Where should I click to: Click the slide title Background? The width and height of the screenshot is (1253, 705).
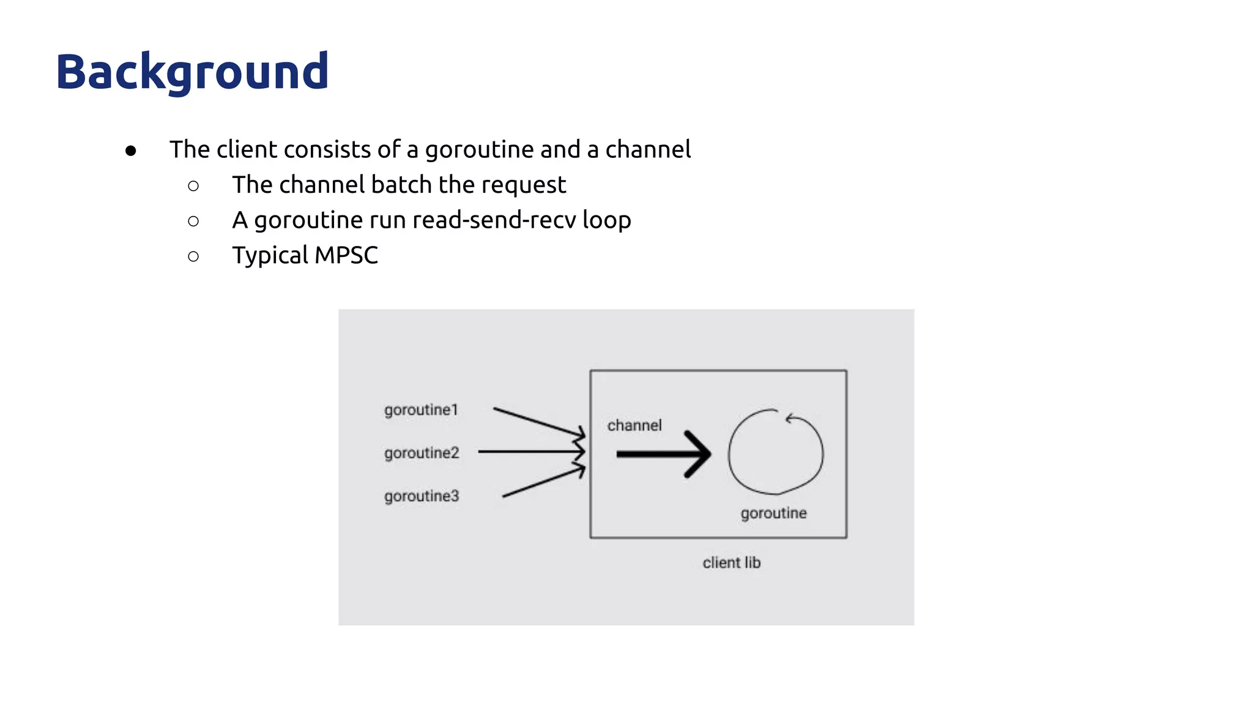pos(192,72)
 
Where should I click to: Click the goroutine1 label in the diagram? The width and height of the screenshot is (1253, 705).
pos(421,410)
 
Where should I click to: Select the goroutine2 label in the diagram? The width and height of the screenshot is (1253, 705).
pos(422,453)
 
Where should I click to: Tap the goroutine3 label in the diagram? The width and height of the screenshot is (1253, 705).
pos(422,496)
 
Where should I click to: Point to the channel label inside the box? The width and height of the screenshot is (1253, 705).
pos(634,425)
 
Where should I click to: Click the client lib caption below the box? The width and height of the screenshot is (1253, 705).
pos(731,562)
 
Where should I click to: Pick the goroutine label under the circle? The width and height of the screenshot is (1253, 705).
pos(773,513)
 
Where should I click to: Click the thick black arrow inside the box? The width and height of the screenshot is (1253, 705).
pos(664,454)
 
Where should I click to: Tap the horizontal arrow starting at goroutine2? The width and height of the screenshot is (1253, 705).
pos(530,452)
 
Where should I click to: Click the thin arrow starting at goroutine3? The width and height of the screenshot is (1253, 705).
pos(542,482)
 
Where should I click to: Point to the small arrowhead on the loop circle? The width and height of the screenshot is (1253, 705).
pos(791,419)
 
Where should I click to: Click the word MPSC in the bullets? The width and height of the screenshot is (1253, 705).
pos(346,255)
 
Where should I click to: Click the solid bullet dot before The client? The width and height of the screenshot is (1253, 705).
pos(130,151)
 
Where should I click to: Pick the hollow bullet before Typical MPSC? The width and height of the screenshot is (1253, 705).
pos(193,256)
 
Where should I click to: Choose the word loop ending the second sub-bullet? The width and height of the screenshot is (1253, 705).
pos(606,220)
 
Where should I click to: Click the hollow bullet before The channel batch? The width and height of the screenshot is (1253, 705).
pos(193,186)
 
